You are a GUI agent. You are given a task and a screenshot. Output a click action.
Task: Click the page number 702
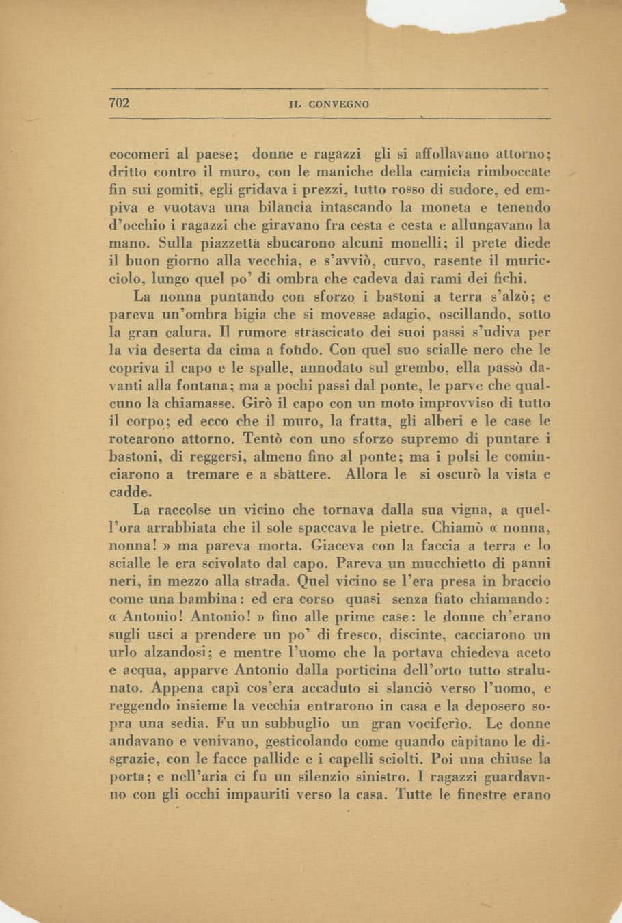pyautogui.click(x=120, y=104)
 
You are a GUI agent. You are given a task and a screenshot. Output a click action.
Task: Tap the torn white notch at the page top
pyautogui.click(x=465, y=15)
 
